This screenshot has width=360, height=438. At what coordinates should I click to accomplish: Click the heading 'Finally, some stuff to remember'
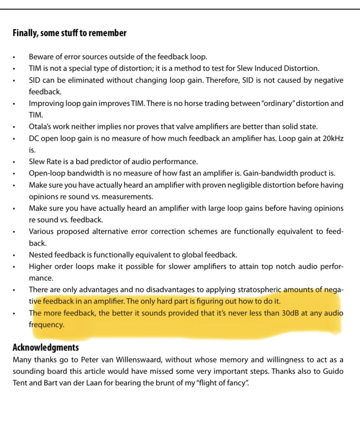[69, 33]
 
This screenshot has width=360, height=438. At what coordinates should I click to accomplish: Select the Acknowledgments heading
[46, 348]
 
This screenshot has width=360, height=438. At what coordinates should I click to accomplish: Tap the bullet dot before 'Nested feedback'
[15, 255]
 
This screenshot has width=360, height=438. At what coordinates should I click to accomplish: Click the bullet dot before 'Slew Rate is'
[15, 162]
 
